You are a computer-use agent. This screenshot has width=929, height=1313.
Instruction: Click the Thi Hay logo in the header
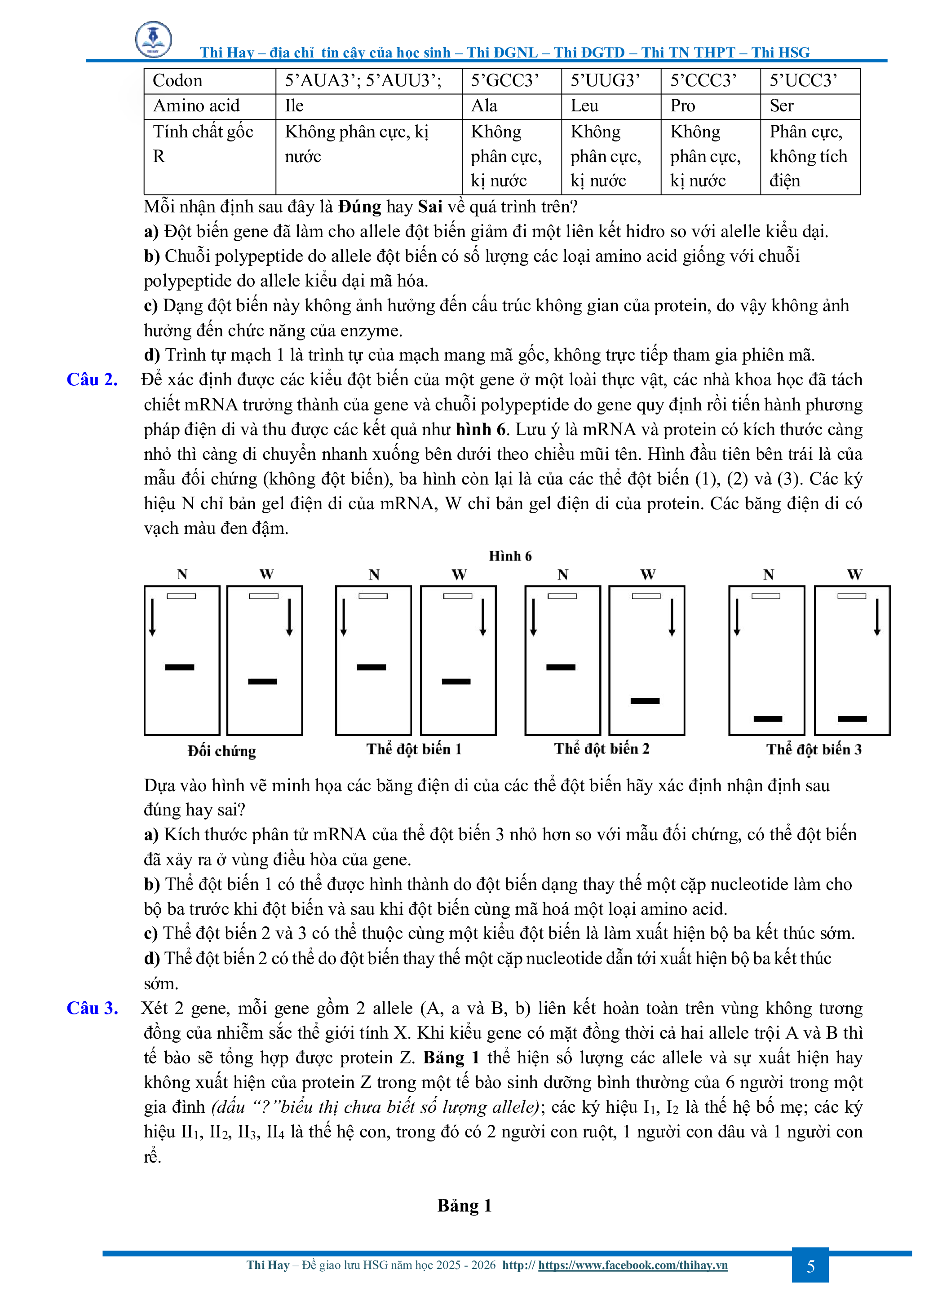(x=153, y=39)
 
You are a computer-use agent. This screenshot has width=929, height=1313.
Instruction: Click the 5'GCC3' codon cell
(x=504, y=81)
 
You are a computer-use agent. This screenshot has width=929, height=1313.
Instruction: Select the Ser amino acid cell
(x=781, y=106)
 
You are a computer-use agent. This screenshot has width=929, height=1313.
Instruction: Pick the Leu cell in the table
(x=584, y=106)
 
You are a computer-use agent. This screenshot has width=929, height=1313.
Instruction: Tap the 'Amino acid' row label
(x=196, y=106)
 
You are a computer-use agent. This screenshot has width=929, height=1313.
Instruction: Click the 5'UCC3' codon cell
(x=803, y=81)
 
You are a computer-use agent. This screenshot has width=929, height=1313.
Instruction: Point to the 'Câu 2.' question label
(x=92, y=380)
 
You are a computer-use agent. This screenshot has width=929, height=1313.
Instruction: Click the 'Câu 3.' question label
(x=92, y=1008)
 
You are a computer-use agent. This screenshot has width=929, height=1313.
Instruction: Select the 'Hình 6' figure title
(x=510, y=556)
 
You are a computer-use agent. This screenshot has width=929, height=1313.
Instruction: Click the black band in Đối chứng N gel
(x=180, y=667)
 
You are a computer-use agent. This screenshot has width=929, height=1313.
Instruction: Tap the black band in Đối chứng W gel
(x=262, y=682)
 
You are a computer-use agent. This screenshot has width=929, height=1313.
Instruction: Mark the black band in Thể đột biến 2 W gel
(x=645, y=701)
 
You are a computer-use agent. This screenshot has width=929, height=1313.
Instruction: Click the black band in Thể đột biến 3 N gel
(x=768, y=719)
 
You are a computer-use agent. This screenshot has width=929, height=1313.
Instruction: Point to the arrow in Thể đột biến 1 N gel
(x=344, y=617)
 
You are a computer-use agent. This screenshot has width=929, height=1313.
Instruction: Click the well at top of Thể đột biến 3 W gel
(x=851, y=596)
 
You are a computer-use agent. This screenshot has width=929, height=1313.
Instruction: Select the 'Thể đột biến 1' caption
(x=414, y=749)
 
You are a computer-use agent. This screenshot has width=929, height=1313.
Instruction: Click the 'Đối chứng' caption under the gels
(x=221, y=751)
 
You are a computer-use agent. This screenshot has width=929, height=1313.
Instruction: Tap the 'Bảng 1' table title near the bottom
(x=464, y=1206)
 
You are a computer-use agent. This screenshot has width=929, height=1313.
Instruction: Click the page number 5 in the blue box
(x=810, y=1266)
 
